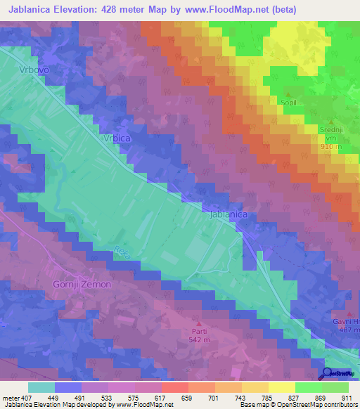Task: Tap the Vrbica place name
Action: (x=117, y=138)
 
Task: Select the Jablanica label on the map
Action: (x=228, y=215)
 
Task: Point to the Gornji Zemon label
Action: (x=82, y=285)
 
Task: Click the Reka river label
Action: (x=122, y=251)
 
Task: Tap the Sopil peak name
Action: (x=288, y=104)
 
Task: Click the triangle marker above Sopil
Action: (x=288, y=95)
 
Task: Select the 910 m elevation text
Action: (x=331, y=147)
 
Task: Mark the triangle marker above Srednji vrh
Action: (x=331, y=121)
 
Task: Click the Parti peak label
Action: (x=199, y=332)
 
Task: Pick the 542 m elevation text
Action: (x=199, y=341)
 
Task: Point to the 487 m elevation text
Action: (x=348, y=330)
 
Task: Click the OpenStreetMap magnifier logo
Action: (x=327, y=374)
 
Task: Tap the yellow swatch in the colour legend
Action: (x=281, y=387)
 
